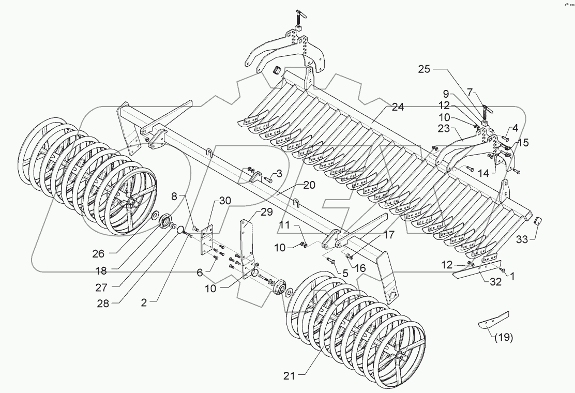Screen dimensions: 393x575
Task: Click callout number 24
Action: coord(398,108)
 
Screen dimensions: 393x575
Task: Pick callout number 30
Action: coord(225,201)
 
